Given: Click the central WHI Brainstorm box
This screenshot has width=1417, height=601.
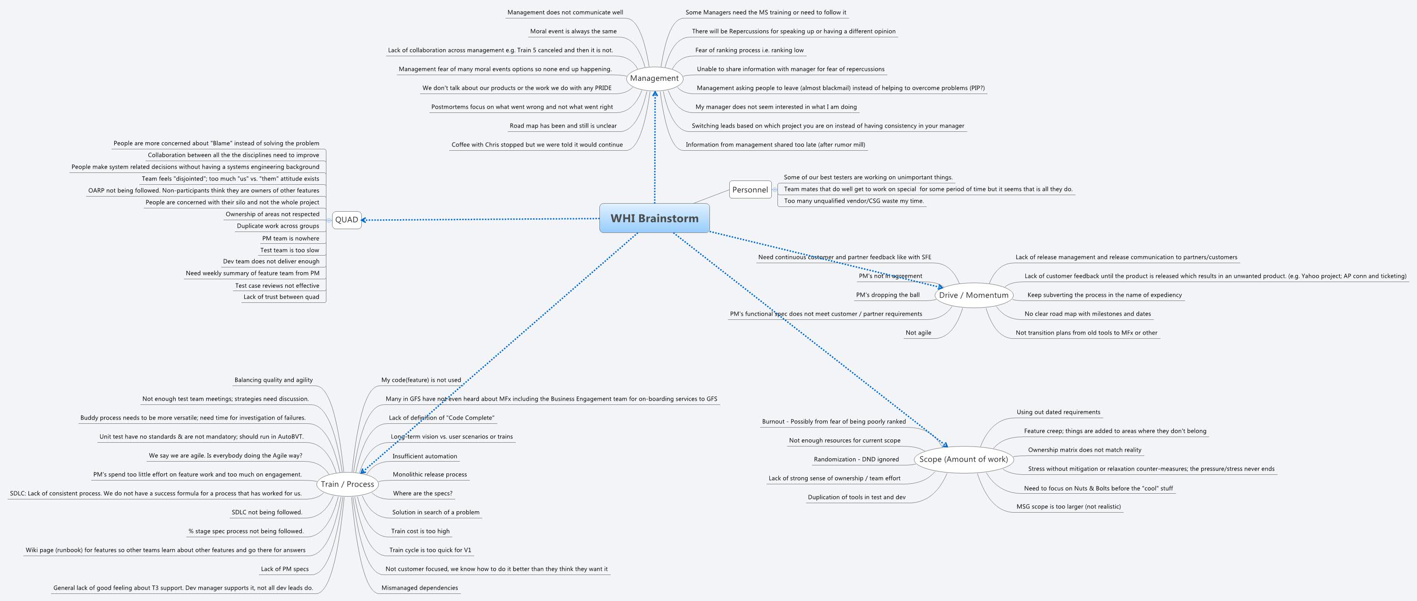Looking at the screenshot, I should coord(654,218).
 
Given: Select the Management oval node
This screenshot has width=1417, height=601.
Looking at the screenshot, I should coord(654,78).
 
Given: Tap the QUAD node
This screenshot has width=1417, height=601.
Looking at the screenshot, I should coord(347,220).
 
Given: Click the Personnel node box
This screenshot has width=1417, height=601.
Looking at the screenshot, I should coord(750,190).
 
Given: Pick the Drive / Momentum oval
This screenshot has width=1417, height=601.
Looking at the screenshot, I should coord(973,295).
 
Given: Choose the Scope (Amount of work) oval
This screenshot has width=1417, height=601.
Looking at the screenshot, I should coord(963,459).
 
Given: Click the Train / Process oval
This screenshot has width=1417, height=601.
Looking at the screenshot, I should coord(347,484).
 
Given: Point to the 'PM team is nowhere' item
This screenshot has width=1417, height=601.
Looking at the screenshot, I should coord(290,238).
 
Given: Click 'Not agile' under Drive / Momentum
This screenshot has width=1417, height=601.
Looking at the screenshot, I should coord(918,333).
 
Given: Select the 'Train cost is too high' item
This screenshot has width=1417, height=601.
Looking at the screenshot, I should coord(420,531).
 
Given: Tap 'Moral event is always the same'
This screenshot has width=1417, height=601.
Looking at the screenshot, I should coord(573,31).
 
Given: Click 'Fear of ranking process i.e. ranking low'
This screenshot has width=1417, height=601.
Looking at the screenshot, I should coord(749,50).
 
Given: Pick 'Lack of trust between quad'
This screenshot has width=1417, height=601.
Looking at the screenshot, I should coord(281,297).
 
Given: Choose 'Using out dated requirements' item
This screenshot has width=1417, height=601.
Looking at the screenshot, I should coord(1058,412).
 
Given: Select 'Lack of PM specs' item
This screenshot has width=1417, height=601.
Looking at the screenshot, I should coord(284,569).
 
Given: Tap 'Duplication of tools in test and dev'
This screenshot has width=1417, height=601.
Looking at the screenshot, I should coord(856,497).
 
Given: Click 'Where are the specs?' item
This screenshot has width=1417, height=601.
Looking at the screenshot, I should coord(422,493).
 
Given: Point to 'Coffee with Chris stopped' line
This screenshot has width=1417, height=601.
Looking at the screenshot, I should coord(537,145).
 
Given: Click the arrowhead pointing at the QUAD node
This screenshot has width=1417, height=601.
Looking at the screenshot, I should coord(364,220).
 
